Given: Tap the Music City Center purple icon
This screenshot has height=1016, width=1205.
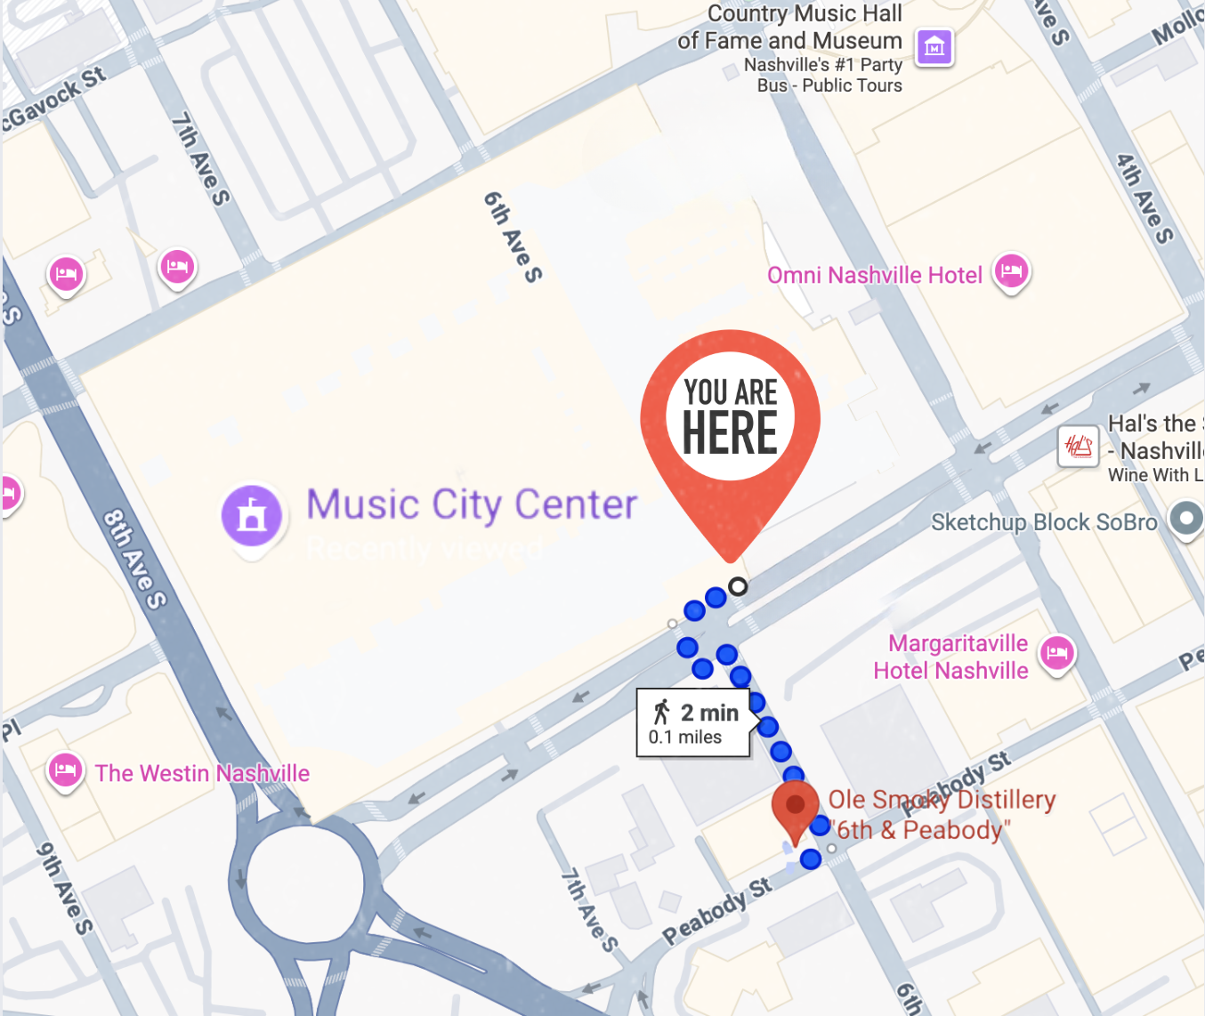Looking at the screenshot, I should [x=252, y=516].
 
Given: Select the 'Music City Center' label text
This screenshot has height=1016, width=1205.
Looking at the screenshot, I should [x=472, y=505].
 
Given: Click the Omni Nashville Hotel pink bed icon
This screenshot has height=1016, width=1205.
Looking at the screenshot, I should [x=1011, y=270].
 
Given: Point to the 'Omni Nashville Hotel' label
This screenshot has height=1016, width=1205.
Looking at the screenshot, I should [x=875, y=276].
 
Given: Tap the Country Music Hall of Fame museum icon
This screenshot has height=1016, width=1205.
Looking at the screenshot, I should [x=934, y=46].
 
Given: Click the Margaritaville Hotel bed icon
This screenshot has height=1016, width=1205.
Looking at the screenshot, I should [x=1056, y=654].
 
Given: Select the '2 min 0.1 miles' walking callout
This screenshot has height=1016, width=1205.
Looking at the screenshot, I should [x=693, y=723].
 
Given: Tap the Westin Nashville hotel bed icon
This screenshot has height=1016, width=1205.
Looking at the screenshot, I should [x=65, y=770].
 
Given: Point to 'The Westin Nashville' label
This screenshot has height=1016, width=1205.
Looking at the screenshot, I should [x=203, y=773].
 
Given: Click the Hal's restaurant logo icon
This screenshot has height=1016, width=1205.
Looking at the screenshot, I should [x=1079, y=446].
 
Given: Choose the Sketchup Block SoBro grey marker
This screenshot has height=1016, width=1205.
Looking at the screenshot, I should [x=1185, y=519].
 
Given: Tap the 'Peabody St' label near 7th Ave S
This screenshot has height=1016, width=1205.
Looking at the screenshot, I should [x=716, y=911].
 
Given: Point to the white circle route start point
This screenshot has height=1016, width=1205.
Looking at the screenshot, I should [x=738, y=586].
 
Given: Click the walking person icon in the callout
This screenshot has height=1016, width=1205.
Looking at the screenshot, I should [x=661, y=712].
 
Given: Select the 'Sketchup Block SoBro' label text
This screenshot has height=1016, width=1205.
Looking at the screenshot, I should [x=1044, y=522].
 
